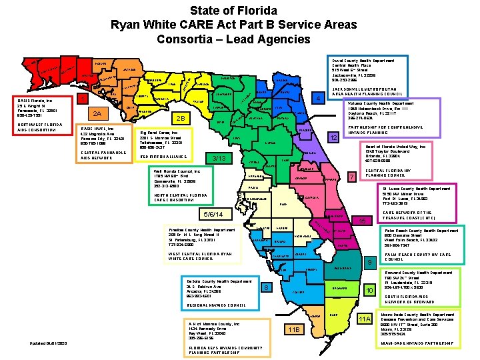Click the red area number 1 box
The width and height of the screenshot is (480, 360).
pos(82,100)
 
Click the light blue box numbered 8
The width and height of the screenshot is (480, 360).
pos(266,287)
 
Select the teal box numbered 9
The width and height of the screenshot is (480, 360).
pos(369,263)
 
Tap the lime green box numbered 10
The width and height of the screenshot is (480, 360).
pos(369,290)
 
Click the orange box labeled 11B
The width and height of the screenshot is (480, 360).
pos(293,329)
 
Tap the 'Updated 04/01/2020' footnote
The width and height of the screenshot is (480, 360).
pos(49,343)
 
